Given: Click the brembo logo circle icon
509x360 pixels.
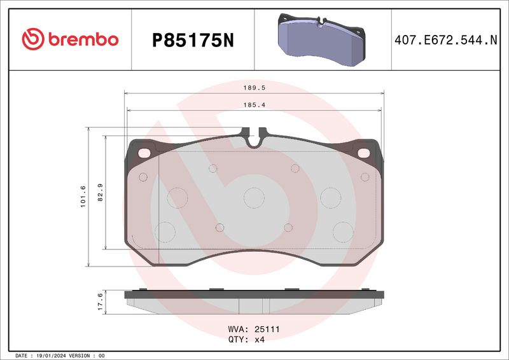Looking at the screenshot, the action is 33,39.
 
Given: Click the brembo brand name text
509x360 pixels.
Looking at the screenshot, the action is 83,39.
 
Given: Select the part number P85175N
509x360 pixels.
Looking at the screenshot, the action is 193,41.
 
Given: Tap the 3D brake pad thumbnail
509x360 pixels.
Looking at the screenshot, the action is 321,40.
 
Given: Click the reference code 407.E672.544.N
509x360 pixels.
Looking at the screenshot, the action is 446,40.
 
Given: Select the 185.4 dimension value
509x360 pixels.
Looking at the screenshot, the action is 254,105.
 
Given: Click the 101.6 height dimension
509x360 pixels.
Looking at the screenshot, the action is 83,197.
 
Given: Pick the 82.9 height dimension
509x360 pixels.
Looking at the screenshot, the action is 101,192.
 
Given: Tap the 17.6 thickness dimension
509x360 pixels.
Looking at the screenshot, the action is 101,301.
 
